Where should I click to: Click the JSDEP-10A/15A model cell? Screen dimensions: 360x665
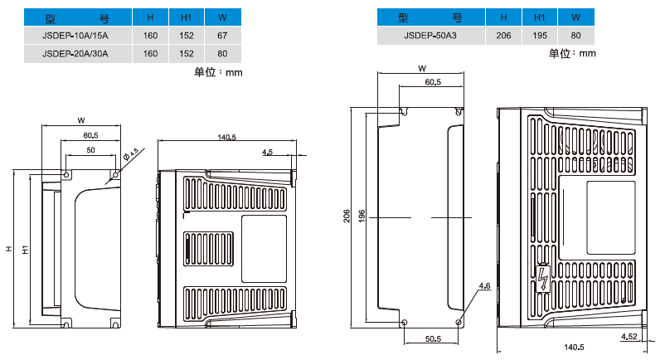(75, 36)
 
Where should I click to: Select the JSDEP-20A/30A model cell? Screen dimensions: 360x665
(75, 53)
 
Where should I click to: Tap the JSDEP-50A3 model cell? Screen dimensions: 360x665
(430, 35)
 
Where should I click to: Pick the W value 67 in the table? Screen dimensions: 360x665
(222, 36)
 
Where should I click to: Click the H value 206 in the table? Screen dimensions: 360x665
(502, 35)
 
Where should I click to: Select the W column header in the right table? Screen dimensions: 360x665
(575, 17)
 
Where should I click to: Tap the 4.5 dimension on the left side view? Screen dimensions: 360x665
(268, 153)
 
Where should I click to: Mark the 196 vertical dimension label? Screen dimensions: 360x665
(362, 216)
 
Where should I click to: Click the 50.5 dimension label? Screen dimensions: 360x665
(432, 339)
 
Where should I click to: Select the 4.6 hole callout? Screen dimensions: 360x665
(484, 286)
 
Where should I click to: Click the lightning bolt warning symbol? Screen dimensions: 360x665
(543, 278)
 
